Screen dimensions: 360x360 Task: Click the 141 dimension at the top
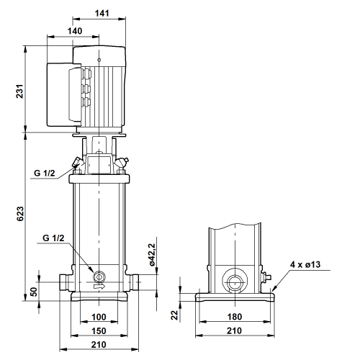[102, 13]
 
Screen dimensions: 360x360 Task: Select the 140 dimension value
[75, 31]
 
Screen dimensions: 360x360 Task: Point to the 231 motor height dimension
[19, 91]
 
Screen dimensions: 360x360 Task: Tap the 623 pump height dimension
[19, 214]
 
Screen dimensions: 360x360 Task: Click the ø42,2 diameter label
[153, 255]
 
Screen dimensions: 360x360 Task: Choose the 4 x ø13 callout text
[305, 264]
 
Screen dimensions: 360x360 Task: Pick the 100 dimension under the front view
[99, 317]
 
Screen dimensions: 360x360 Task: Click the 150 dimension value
[99, 331]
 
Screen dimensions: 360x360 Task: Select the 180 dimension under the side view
[235, 317]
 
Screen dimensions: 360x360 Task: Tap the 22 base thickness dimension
[175, 315]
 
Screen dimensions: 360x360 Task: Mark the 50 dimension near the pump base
[34, 292]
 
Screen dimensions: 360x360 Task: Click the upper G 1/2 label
[45, 173]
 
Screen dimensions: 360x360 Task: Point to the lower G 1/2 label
[53, 238]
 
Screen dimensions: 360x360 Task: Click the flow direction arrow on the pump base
[99, 287]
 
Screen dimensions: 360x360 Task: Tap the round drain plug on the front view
[99, 276]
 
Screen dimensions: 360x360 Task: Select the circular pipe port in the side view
[235, 281]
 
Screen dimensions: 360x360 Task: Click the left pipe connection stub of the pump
[64, 282]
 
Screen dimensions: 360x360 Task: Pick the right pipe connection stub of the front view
[134, 282]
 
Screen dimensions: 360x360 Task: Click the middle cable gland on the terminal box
[86, 89]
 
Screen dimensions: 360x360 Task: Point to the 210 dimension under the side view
[234, 331]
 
